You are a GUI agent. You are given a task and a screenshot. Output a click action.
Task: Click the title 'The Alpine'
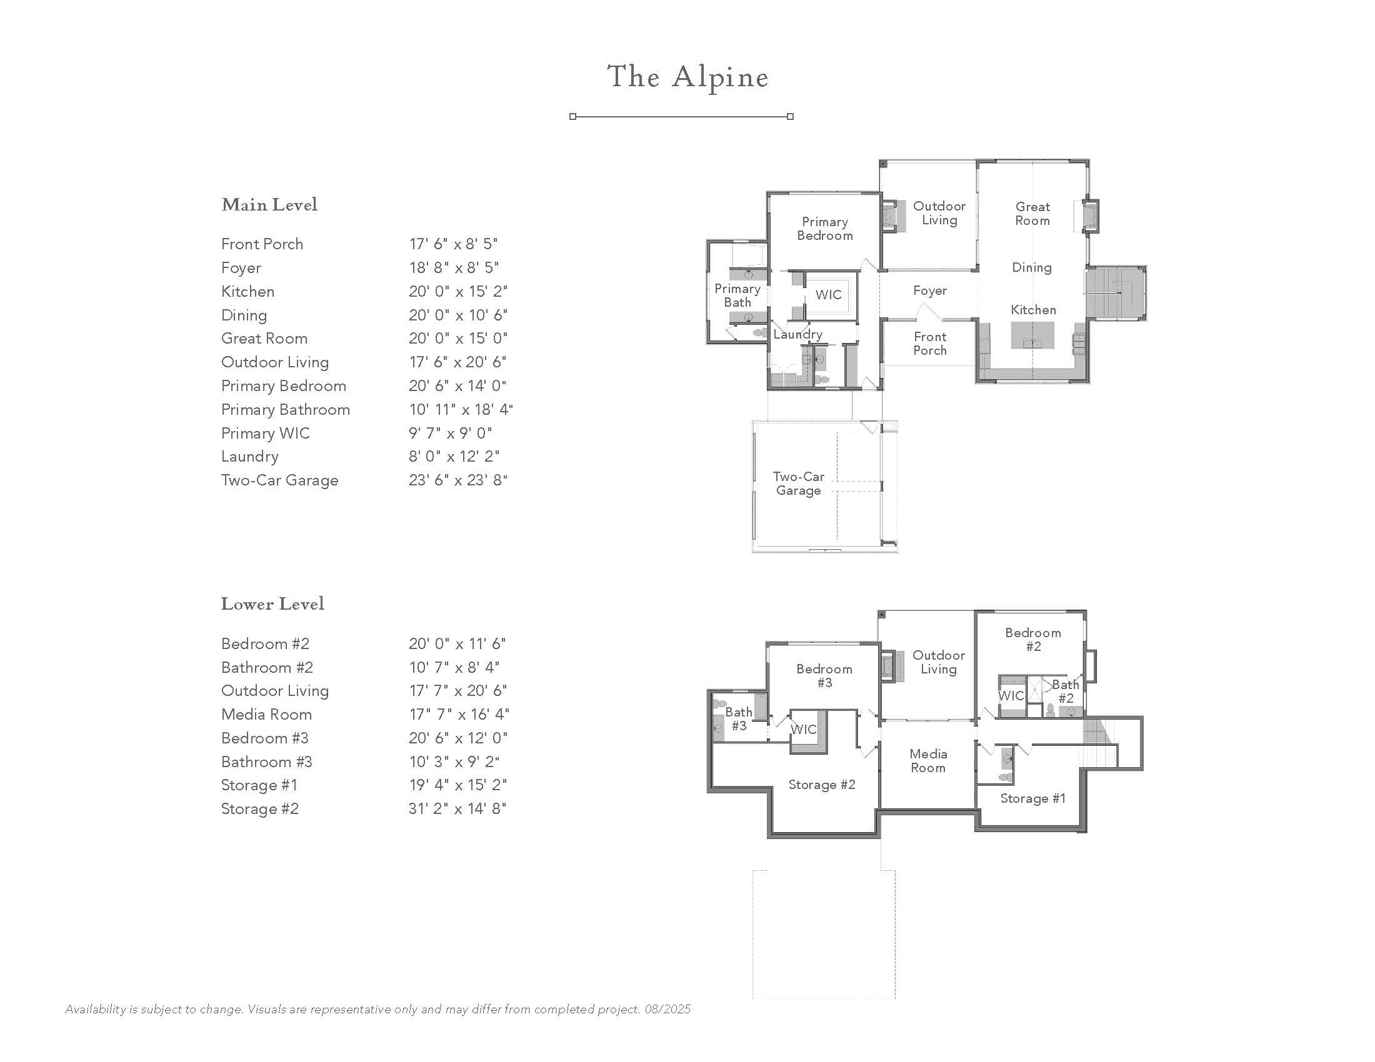(x=687, y=78)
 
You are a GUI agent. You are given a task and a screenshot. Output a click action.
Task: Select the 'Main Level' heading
(x=269, y=204)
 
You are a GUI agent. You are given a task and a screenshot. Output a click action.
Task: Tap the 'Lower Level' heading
(x=272, y=604)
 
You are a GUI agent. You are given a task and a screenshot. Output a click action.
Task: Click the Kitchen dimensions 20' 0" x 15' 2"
(x=457, y=291)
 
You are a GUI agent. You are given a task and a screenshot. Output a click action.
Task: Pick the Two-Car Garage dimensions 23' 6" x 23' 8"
(x=457, y=480)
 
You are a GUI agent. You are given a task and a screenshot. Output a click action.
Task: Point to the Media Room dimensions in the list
(x=458, y=714)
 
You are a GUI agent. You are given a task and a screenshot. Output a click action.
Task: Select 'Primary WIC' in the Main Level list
(x=265, y=434)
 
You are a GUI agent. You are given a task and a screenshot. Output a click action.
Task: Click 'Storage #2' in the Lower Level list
(x=259, y=808)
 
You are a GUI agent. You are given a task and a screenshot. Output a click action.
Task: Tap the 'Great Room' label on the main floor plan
(x=1032, y=213)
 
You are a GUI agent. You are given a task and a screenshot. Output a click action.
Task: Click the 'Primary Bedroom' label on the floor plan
(x=825, y=229)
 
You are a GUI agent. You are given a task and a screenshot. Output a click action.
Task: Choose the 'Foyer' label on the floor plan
(x=930, y=290)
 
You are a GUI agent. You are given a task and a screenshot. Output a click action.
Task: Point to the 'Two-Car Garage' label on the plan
(x=798, y=484)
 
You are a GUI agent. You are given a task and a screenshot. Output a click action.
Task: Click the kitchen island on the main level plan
(x=1032, y=335)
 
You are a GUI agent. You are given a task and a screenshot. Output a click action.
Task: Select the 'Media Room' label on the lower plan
(x=928, y=761)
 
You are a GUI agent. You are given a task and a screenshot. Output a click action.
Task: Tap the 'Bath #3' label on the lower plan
(x=739, y=718)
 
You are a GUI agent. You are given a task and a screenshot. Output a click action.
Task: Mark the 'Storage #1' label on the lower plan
(x=1032, y=798)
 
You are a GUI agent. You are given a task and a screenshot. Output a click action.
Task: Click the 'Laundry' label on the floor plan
(x=797, y=335)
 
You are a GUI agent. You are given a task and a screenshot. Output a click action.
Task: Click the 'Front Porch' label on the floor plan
(x=930, y=344)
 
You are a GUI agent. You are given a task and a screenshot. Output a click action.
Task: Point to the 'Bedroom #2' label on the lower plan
(x=1032, y=639)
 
